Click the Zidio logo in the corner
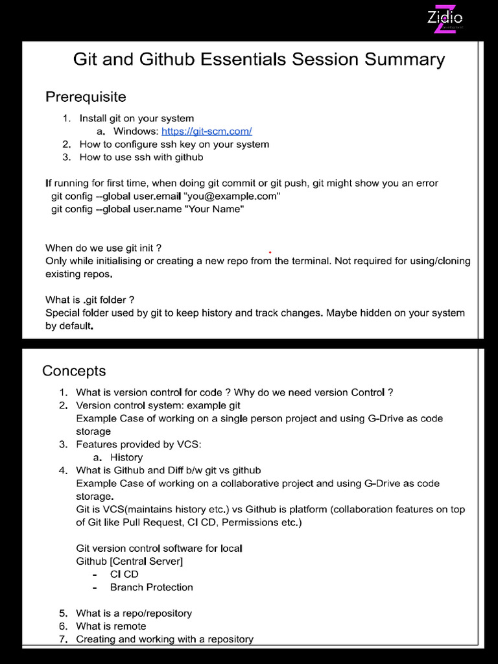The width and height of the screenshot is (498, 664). (445, 19)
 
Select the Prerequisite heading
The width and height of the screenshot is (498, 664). (86, 97)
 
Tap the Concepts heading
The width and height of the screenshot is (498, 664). (74, 371)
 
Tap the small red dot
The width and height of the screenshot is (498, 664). (270, 252)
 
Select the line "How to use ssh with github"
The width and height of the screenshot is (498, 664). (141, 157)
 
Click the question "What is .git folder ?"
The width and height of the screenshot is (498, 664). (90, 300)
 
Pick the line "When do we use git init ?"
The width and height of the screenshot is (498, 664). (103, 248)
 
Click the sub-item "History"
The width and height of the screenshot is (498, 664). (126, 457)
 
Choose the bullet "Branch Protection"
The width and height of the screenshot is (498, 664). (151, 587)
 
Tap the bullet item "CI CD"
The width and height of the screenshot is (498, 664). (124, 574)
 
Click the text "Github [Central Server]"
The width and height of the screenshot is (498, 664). (129, 561)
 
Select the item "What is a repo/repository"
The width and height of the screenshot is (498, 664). (134, 613)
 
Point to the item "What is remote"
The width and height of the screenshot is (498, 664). (111, 626)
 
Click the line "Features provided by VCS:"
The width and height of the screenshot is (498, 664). (139, 444)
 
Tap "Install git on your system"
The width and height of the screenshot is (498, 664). (136, 118)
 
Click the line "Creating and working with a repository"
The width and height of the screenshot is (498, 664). (165, 639)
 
